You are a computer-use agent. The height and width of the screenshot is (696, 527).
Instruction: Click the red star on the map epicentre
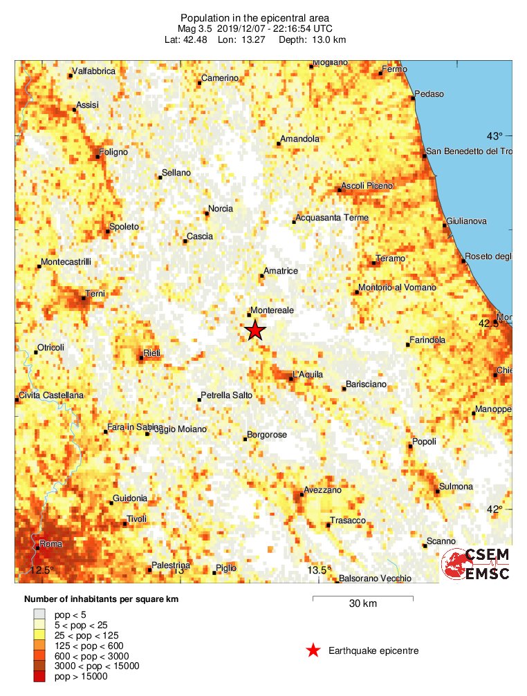coord(255,330)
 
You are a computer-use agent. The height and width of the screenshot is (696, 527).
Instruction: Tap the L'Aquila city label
coord(308,375)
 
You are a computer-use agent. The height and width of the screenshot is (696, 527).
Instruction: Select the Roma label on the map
coord(51,544)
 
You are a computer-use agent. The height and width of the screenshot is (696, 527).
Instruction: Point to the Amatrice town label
coord(281,271)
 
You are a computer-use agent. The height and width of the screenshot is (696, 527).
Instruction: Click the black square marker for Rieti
coord(141,358)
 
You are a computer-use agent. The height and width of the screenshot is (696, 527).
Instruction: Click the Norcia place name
coord(221,209)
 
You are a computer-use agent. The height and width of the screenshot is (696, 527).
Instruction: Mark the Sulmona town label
coord(457,487)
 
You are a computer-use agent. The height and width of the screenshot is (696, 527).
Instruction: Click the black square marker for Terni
coord(84,298)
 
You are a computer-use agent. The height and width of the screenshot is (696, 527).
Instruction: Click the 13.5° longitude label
coord(320,570)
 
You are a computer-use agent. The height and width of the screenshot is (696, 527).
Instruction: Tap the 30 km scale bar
coord(362,597)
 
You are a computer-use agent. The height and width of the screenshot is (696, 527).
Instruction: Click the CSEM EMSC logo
coord(477,565)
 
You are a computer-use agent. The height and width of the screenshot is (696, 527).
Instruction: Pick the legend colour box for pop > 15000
coord(39,676)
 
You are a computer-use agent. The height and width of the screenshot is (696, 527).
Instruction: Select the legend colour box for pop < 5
coord(39,614)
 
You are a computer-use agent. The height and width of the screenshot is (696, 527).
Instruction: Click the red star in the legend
coord(313,650)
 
